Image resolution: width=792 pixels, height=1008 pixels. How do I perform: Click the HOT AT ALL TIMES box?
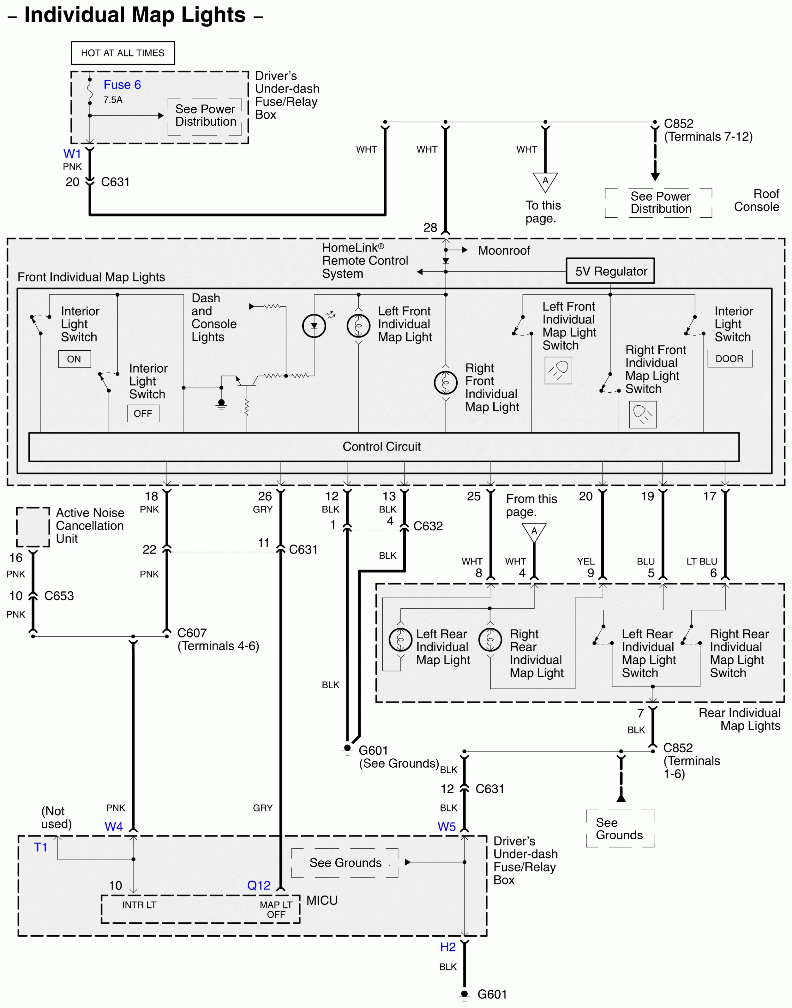(123, 53)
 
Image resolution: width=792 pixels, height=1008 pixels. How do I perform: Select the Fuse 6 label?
(122, 85)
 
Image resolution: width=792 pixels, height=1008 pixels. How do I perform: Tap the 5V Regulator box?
(610, 271)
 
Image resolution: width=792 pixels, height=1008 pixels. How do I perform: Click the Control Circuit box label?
(381, 447)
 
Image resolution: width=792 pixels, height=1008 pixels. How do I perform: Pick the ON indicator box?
(74, 359)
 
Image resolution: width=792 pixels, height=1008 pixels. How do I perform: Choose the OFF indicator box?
(143, 413)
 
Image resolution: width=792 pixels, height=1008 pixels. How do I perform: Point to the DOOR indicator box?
(729, 359)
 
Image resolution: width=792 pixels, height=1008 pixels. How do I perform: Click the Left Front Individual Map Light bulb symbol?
(358, 326)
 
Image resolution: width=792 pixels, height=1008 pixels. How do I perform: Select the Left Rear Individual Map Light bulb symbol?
(401, 640)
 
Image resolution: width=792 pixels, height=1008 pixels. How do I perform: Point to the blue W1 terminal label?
(72, 154)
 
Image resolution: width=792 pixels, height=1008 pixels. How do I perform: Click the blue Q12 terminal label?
(259, 885)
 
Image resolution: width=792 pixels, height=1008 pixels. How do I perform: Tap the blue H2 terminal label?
(448, 947)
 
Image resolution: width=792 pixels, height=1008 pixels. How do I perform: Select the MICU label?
(322, 900)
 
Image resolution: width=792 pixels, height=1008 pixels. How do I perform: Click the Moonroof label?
(504, 250)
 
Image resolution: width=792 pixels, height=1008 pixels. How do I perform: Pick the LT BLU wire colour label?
(702, 561)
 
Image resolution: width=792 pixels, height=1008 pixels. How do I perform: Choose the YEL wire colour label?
(586, 561)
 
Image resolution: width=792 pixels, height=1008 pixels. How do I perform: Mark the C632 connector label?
(428, 526)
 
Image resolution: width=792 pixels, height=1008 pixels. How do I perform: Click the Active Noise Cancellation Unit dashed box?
(33, 527)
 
